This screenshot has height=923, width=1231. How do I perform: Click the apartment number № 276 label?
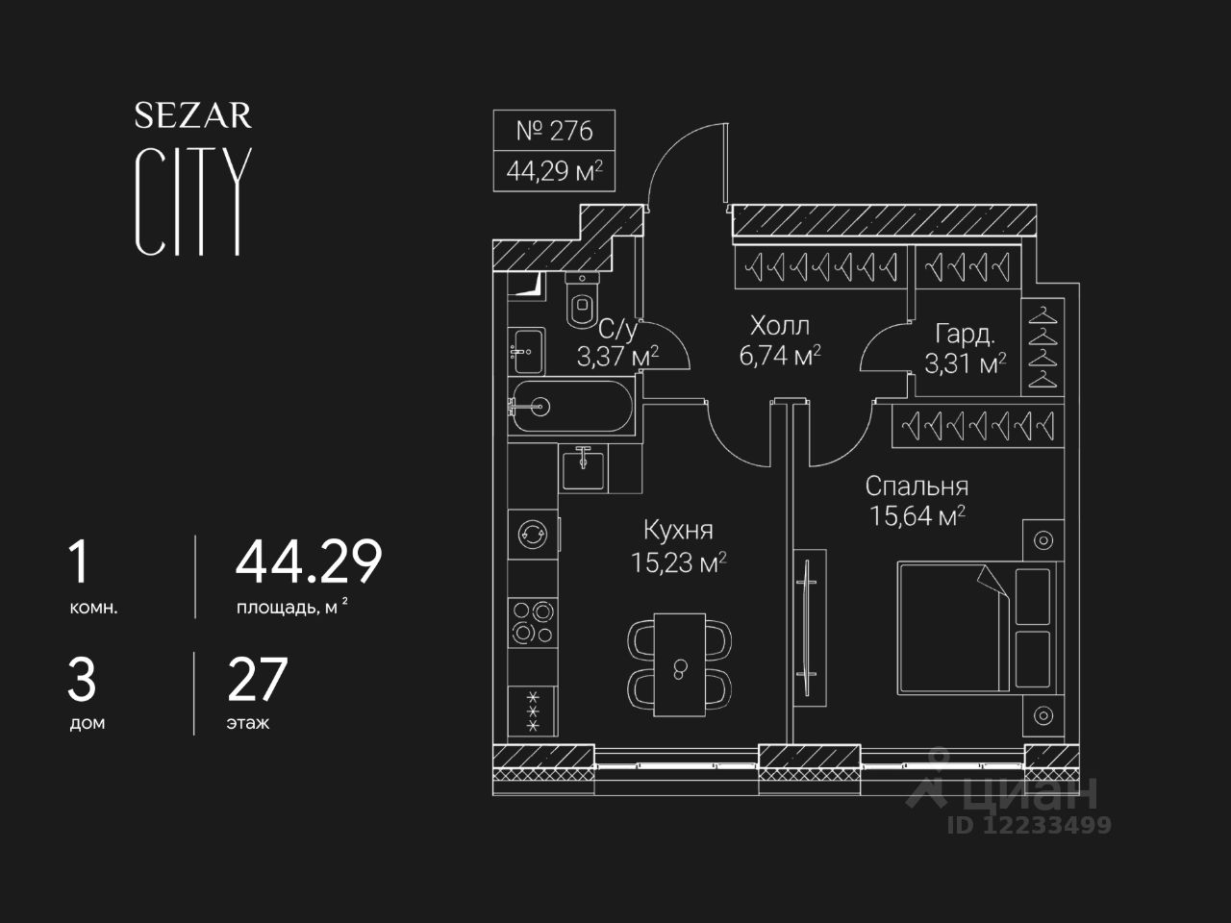click(x=554, y=130)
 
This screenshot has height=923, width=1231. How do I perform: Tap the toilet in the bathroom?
click(x=583, y=299)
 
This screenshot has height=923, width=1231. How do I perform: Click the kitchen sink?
click(x=583, y=468)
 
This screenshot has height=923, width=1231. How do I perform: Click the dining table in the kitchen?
click(x=679, y=664)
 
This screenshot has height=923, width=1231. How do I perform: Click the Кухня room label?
click(x=678, y=530)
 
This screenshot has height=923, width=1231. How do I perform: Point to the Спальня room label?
click(x=916, y=486)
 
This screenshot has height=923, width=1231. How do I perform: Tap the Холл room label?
click(x=779, y=325)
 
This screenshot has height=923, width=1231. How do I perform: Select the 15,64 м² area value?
click(x=917, y=516)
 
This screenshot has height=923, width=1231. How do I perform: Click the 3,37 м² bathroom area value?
click(x=616, y=358)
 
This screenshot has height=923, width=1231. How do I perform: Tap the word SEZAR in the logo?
click(x=192, y=115)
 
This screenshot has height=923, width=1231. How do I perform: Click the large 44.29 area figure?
click(x=309, y=562)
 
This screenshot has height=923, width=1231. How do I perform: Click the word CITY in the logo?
click(x=192, y=202)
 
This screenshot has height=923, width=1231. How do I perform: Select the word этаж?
click(x=248, y=723)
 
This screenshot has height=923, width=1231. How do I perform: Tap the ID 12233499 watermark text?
click(x=1029, y=824)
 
